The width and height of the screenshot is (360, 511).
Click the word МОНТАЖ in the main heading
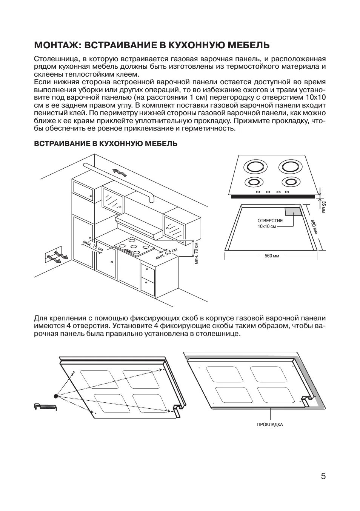pyautogui.click(x=57, y=45)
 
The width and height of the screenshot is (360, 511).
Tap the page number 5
pyautogui.click(x=323, y=476)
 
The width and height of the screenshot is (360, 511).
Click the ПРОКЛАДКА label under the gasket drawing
pyautogui.click(x=270, y=424)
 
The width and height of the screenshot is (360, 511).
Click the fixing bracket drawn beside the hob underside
pyautogui.click(x=44, y=407)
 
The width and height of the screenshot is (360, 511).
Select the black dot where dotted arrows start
pyautogui.click(x=56, y=396)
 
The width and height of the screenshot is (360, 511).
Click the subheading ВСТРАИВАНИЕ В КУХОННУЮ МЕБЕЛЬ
pyautogui.click(x=105, y=144)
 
